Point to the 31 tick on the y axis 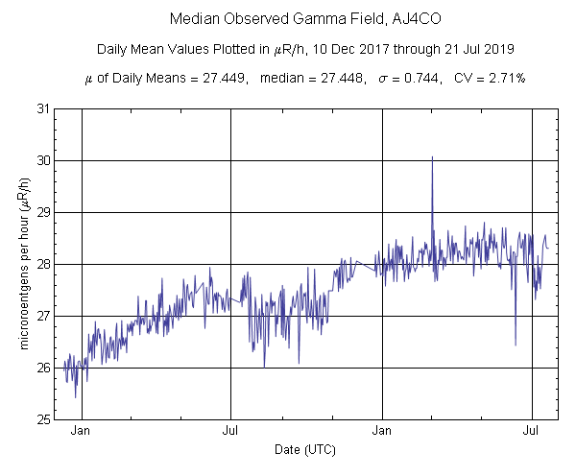(44, 108)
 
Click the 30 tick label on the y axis (44, 160)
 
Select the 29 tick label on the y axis (44, 212)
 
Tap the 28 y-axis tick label (44, 264)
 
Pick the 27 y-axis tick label (44, 316)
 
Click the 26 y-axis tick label (44, 368)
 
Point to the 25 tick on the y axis (44, 419)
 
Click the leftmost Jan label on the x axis (82, 432)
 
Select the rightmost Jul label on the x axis (532, 432)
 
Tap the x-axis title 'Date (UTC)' (304, 449)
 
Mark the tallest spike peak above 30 (432, 156)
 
